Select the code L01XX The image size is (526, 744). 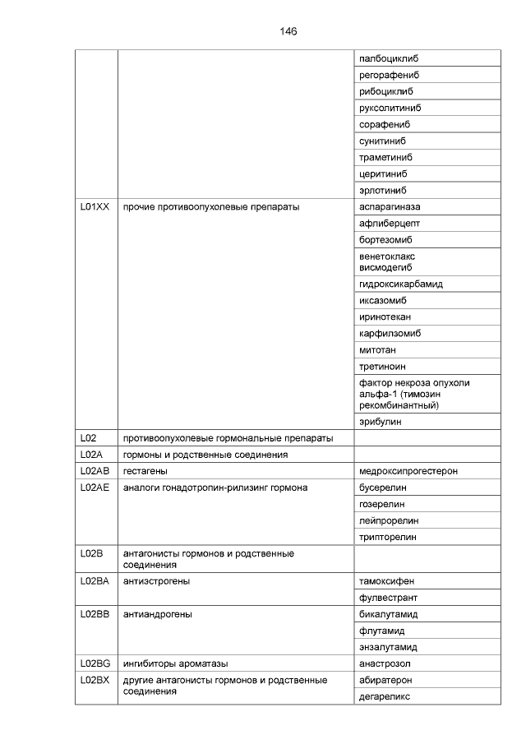pyautogui.click(x=95, y=207)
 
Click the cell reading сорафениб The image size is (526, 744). pyautogui.click(x=385, y=125)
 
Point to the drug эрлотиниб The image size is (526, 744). pyautogui.click(x=385, y=191)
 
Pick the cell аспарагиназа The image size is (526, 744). pyautogui.click(x=390, y=207)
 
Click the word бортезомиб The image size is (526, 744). pyautogui.click(x=385, y=240)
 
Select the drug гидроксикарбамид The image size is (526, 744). pyautogui.click(x=401, y=284)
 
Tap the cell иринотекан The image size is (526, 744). pyautogui.click(x=385, y=317)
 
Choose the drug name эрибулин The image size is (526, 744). pyautogui.click(x=381, y=422)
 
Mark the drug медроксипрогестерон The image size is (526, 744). pyautogui.click(x=408, y=471)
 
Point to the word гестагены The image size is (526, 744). pyautogui.click(x=145, y=471)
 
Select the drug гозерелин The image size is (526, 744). pyautogui.click(x=382, y=504)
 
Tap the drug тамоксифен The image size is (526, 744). pyautogui.click(x=387, y=581)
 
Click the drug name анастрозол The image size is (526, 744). pyautogui.click(x=385, y=663)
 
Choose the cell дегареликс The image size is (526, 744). pyautogui.click(x=385, y=696)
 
